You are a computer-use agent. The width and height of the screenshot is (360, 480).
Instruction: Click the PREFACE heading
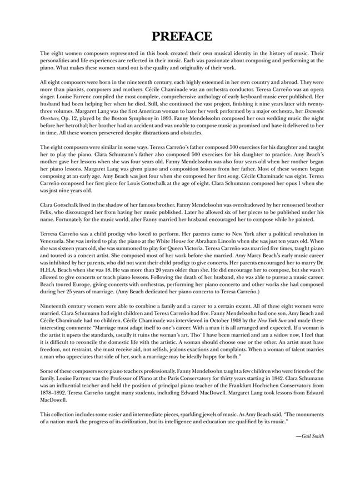coord(180,37)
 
